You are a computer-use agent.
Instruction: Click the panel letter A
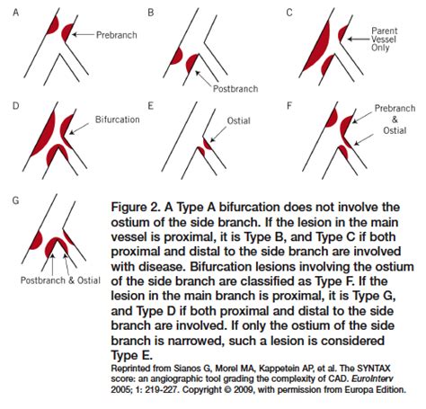tap(15, 13)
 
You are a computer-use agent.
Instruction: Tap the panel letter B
tap(151, 13)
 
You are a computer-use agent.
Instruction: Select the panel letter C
tap(289, 13)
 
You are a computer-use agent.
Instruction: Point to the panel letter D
tap(15, 106)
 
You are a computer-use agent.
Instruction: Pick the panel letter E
tap(150, 106)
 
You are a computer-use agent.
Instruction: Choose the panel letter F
tap(289, 106)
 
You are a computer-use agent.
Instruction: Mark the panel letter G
tap(15, 200)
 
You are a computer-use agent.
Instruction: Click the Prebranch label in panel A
tap(117, 35)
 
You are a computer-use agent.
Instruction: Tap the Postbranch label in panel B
tap(235, 89)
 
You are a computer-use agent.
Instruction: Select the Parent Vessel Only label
tap(384, 40)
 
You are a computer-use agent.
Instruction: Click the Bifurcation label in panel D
tap(118, 120)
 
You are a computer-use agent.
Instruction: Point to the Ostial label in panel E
tap(239, 120)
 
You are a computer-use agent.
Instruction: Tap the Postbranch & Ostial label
tap(60, 280)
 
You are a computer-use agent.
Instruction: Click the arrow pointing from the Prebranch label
tap(84, 34)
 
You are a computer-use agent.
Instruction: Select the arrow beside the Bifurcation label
tap(79, 129)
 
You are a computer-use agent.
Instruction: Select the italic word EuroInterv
tap(372, 378)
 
